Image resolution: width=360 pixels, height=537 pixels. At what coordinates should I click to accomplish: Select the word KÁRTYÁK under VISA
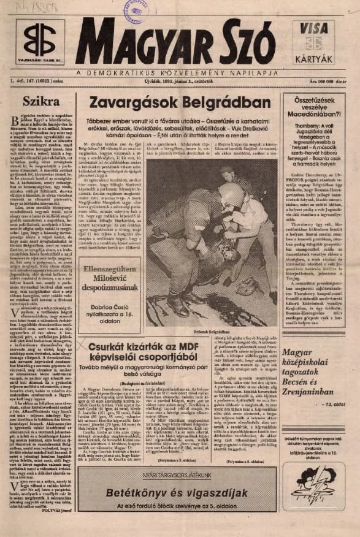(318, 59)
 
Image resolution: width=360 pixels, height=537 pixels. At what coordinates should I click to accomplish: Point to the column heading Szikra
(37, 101)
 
